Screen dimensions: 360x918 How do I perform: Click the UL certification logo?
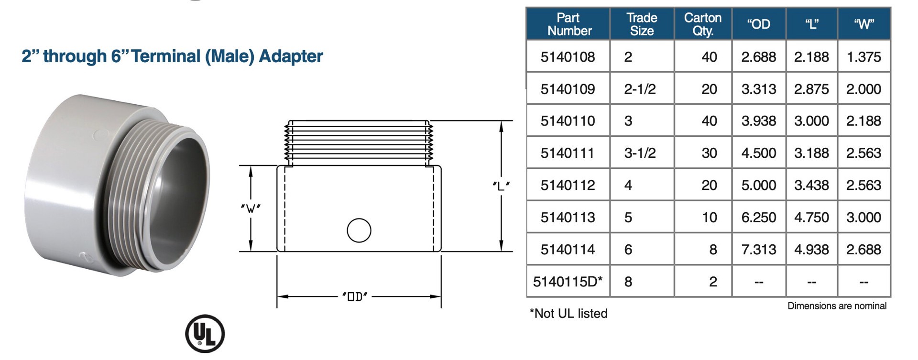205,333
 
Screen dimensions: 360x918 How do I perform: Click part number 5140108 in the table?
568,57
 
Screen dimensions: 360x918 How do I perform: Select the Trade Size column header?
642,24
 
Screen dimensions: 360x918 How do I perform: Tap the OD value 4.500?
758,153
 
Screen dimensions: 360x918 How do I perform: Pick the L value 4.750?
811,217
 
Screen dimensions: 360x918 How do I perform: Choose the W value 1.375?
863,57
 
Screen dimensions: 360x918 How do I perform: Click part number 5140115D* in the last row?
568,282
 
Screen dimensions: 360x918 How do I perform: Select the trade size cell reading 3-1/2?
640,153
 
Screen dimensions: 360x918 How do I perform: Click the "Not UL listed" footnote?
568,314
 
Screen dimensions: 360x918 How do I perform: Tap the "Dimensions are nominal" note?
837,306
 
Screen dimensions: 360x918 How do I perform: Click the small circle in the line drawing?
359,230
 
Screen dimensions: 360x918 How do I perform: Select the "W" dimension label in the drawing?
251,208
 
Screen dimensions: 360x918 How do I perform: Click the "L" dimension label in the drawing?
501,186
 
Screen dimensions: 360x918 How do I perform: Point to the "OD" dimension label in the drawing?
355,297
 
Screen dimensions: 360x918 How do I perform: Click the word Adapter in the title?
291,56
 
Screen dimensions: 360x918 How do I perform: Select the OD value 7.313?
758,249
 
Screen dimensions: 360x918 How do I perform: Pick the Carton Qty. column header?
702,24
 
